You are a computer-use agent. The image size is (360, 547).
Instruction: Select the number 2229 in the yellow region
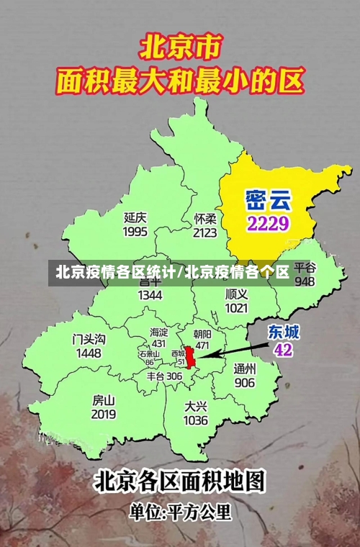click(268, 222)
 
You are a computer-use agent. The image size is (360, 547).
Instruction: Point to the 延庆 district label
click(135, 217)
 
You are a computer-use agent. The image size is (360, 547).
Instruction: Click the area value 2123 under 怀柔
click(205, 232)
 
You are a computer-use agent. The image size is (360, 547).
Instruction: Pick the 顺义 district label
click(236, 294)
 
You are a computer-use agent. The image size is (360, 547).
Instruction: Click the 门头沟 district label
click(89, 339)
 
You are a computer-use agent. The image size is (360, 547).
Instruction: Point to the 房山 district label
click(104, 400)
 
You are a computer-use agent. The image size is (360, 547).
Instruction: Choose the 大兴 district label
click(195, 406)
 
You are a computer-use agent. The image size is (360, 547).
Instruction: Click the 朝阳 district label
click(202, 334)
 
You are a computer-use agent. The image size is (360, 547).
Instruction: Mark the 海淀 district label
click(158, 332)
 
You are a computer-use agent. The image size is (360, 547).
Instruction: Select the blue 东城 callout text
click(284, 332)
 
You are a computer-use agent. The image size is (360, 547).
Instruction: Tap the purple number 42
click(284, 350)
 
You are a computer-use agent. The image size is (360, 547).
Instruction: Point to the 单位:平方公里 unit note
click(180, 512)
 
